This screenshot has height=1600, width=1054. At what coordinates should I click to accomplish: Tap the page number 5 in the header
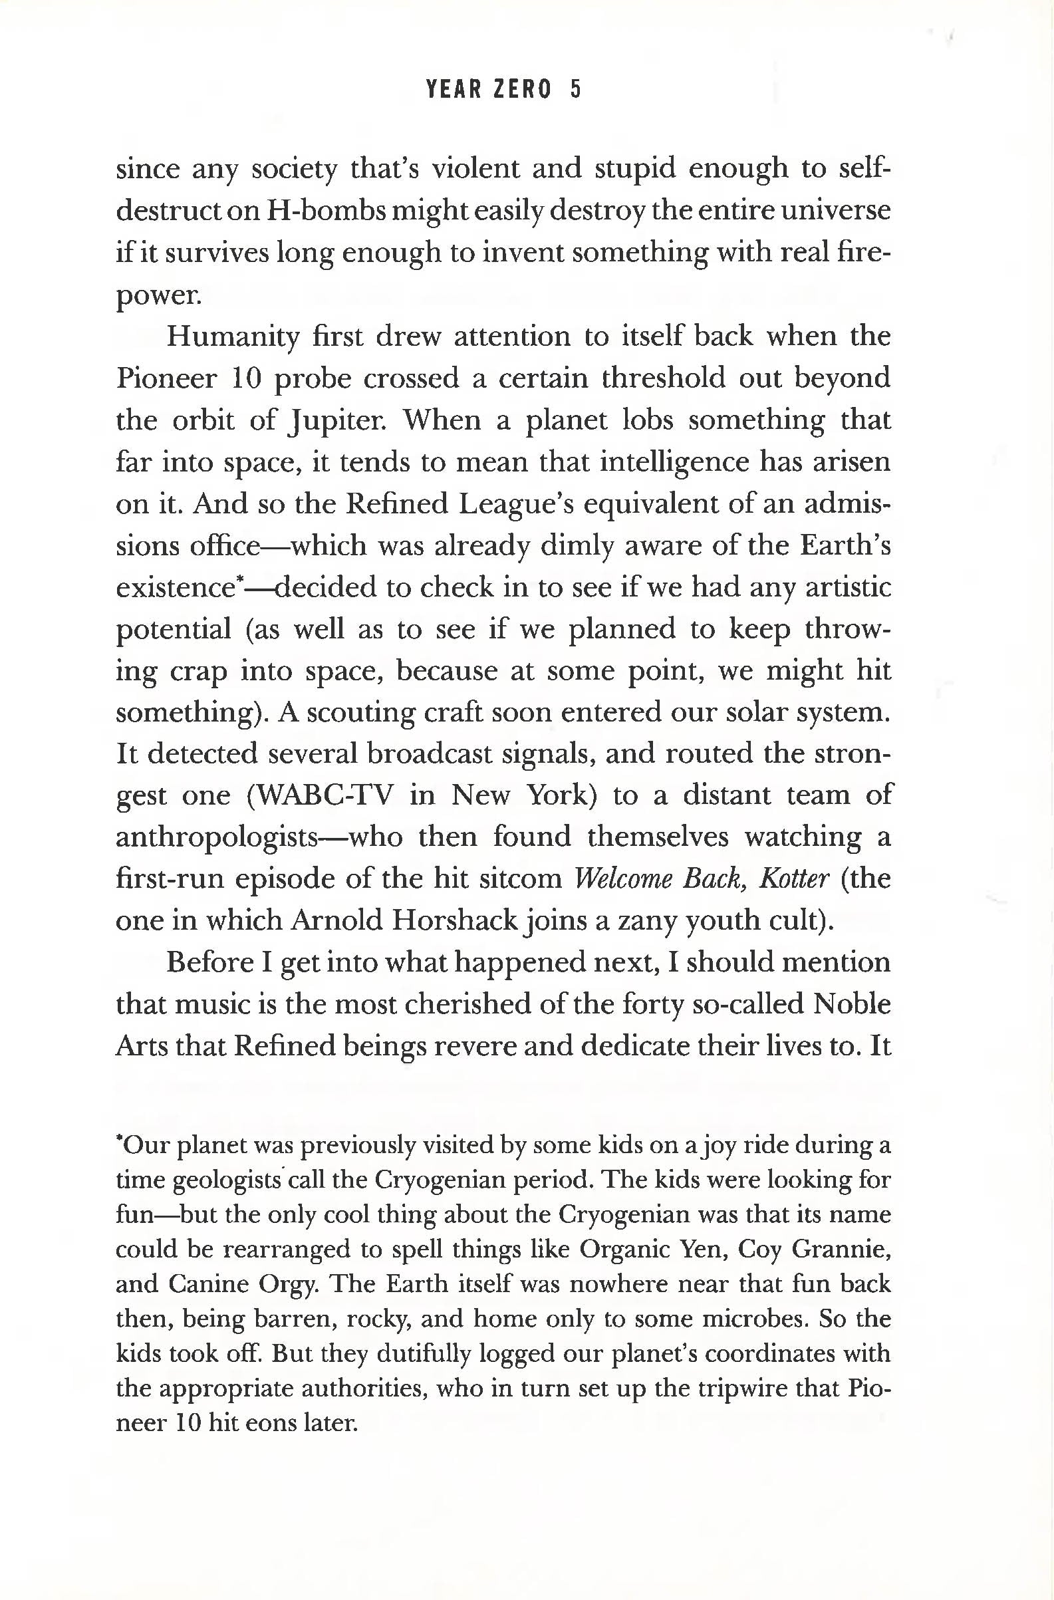click(575, 89)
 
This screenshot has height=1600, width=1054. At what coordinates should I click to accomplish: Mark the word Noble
click(852, 1004)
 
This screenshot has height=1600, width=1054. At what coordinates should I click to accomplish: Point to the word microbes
click(752, 1319)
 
